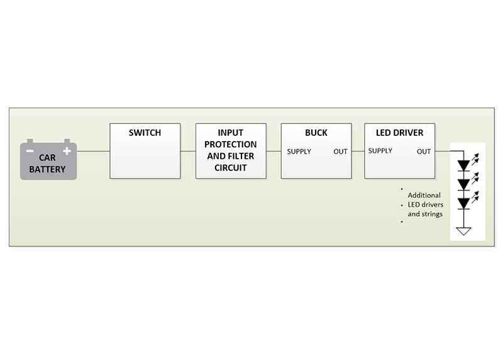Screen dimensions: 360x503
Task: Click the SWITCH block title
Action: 145,133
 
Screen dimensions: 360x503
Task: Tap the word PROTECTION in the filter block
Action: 230,145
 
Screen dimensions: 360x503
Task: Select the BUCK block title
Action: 316,133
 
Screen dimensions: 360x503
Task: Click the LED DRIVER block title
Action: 399,133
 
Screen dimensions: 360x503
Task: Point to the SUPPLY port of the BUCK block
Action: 299,152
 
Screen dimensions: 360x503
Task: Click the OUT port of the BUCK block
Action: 340,152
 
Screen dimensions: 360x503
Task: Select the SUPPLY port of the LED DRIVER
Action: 380,151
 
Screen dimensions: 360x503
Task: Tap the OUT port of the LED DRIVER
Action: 424,152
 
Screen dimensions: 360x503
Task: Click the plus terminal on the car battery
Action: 67,151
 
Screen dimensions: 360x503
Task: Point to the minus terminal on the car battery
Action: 30,151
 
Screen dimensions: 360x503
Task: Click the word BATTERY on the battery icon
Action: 47,169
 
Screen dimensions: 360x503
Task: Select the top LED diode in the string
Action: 464,166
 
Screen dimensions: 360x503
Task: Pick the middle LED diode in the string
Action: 464,184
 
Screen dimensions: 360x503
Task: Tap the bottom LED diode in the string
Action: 464,203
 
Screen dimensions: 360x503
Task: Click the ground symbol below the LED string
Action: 464,231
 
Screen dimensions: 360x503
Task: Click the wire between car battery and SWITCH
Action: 93,151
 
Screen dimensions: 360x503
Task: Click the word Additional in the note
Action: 424,195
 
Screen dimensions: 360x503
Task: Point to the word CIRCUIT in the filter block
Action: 230,168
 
